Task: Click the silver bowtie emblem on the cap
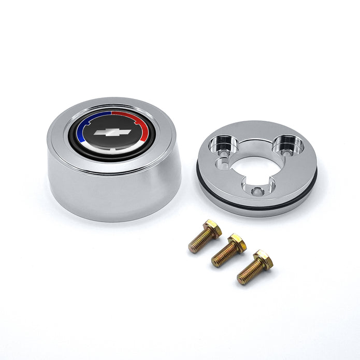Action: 112,133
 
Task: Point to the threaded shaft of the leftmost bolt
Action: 198,242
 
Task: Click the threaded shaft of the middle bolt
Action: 222,257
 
